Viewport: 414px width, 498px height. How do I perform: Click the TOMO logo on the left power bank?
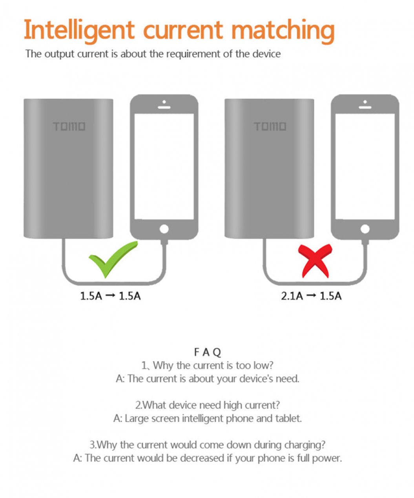coord(69,126)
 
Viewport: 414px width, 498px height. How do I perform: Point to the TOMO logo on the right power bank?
coord(270,126)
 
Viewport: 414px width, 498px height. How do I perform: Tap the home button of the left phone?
coord(164,229)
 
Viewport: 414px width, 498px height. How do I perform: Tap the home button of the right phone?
coord(365,229)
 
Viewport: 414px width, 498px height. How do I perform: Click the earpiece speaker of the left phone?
coord(164,107)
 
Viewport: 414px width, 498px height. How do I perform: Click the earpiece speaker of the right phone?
coord(365,107)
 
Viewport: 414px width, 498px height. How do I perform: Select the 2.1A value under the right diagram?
coord(292,296)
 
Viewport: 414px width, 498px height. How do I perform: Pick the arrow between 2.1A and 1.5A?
coord(311,296)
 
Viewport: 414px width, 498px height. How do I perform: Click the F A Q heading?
coord(208,352)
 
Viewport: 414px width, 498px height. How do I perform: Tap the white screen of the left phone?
coord(164,167)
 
